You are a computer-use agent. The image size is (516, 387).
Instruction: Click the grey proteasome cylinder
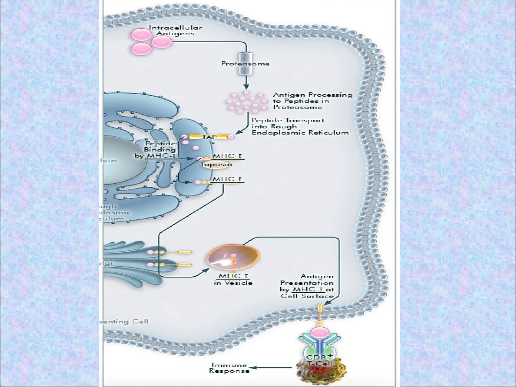point(245,64)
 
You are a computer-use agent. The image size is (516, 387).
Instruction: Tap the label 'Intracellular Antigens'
point(176,30)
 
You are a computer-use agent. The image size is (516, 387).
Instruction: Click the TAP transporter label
point(209,137)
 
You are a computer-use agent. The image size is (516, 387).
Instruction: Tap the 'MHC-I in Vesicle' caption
point(233,279)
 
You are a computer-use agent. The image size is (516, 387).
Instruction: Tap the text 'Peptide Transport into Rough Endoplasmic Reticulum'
point(300,126)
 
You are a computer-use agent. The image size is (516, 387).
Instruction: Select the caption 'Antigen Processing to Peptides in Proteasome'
point(312,101)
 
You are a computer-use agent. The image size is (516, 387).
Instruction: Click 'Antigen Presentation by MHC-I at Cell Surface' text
point(307,286)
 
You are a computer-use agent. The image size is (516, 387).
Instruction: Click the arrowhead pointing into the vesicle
point(206,270)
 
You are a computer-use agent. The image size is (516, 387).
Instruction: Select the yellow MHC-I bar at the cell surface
point(320,308)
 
